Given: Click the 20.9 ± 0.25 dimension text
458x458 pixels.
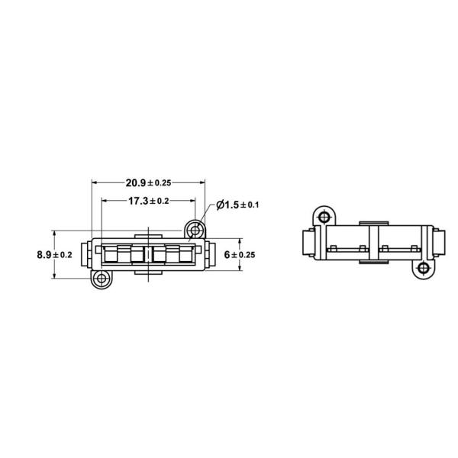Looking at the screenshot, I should coord(148,182).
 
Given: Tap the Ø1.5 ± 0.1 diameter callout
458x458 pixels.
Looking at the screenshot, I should coord(238,205).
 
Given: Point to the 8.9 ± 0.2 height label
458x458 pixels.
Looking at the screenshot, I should coord(54,254).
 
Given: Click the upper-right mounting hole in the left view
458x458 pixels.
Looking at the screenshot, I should coord(196,229).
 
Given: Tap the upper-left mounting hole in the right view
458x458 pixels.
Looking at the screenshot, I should coord(324,218).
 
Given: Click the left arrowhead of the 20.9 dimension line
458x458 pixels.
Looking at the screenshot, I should coord(95,182).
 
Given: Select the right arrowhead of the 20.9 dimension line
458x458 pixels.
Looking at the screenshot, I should coord(202,182).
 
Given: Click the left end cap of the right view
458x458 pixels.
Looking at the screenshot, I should coord(308,244).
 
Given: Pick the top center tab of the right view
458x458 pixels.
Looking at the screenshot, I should coord(372,222).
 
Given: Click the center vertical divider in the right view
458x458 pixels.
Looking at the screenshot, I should coord(372,243).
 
